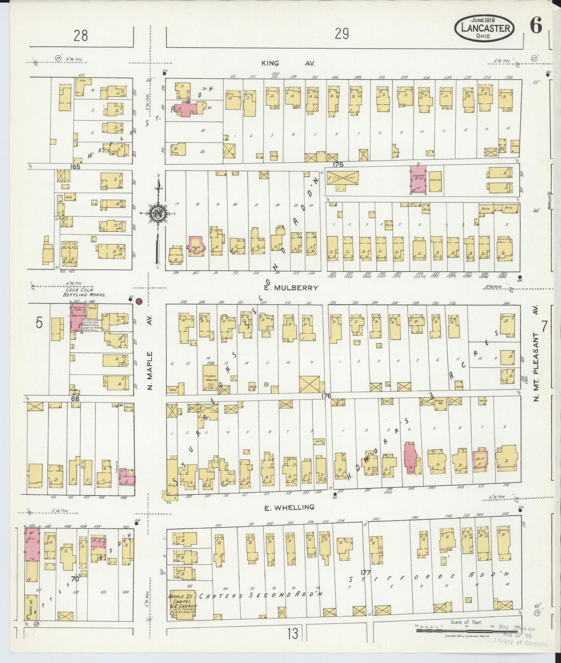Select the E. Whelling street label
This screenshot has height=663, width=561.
tap(289, 507)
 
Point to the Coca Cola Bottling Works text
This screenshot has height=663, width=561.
tap(81, 292)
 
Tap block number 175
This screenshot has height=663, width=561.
tap(338, 164)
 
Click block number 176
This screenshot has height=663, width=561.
tap(326, 396)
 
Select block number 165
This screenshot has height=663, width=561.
tap(75, 166)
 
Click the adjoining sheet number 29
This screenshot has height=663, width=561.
tap(342, 35)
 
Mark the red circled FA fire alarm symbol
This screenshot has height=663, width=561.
tap(139, 300)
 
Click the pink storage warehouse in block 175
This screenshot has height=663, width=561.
tap(418, 179)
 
